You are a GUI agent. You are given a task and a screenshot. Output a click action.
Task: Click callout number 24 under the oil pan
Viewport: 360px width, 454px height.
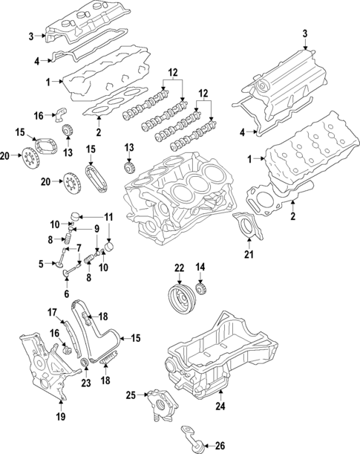219,406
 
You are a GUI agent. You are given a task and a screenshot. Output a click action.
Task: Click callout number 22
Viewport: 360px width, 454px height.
179,267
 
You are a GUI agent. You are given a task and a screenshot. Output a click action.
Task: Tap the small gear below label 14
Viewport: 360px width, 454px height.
200,289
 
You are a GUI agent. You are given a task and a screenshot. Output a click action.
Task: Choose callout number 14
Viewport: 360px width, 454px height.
200,267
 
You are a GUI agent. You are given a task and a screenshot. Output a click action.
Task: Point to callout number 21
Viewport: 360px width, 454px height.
249,256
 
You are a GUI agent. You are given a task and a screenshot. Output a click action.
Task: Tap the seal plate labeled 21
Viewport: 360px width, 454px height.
243,225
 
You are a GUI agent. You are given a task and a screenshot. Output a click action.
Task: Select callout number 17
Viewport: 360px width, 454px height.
53,311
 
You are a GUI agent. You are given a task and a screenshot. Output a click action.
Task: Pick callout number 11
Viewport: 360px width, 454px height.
108,217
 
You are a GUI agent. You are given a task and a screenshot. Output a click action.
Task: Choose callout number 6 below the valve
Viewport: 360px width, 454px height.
66,294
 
